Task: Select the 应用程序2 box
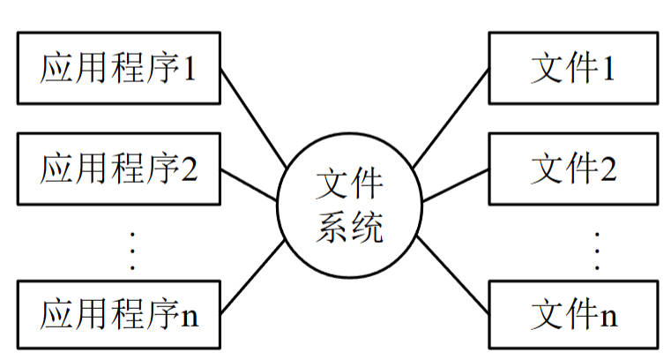coord(118,168)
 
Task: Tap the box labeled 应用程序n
coord(118,315)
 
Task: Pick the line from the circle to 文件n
coord(451,274)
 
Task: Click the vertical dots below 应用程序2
coord(133,251)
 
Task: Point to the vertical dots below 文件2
coord(597,251)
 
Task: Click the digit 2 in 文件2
coord(607,168)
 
